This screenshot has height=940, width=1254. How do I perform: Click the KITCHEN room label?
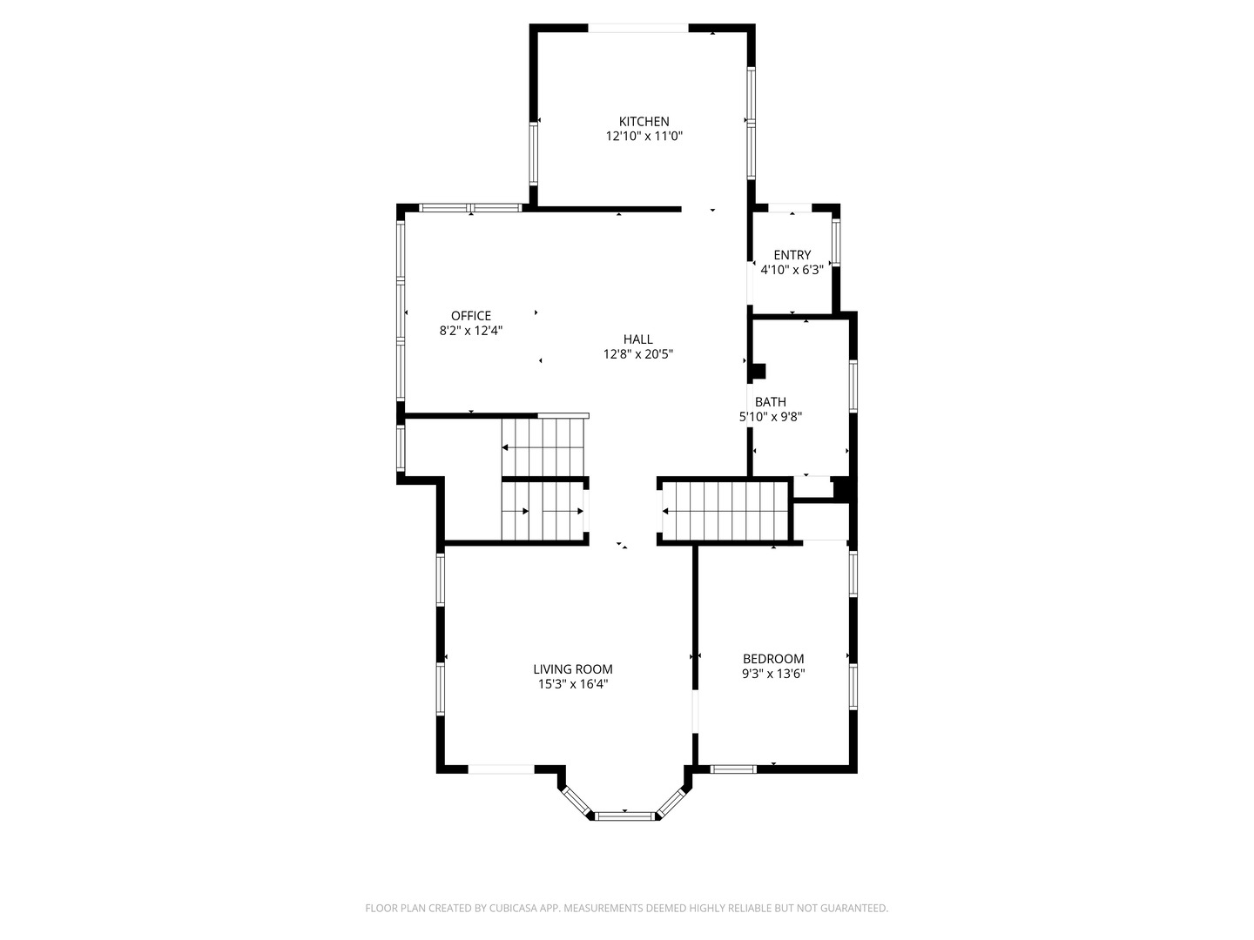tap(644, 122)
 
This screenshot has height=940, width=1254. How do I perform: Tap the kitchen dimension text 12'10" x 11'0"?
tap(644, 137)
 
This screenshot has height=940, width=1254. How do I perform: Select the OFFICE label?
tap(471, 316)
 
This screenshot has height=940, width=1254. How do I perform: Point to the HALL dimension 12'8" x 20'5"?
tap(637, 354)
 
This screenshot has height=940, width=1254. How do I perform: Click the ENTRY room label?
tap(792, 255)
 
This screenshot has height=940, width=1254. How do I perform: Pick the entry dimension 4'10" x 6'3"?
tap(792, 270)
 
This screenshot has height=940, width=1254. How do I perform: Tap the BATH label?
tap(770, 402)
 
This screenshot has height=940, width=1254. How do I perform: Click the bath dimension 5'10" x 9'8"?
tap(770, 417)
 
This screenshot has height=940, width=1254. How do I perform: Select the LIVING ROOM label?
tap(572, 669)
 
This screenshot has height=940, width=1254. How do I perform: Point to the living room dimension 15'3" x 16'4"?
tap(572, 684)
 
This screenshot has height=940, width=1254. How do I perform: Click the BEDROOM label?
tap(773, 659)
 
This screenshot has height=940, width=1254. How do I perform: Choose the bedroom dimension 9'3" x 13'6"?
tap(773, 674)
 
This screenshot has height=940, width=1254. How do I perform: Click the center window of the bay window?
tap(625, 816)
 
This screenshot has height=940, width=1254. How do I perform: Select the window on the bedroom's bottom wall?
tap(733, 769)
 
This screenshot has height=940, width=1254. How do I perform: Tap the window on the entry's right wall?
tap(836, 243)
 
